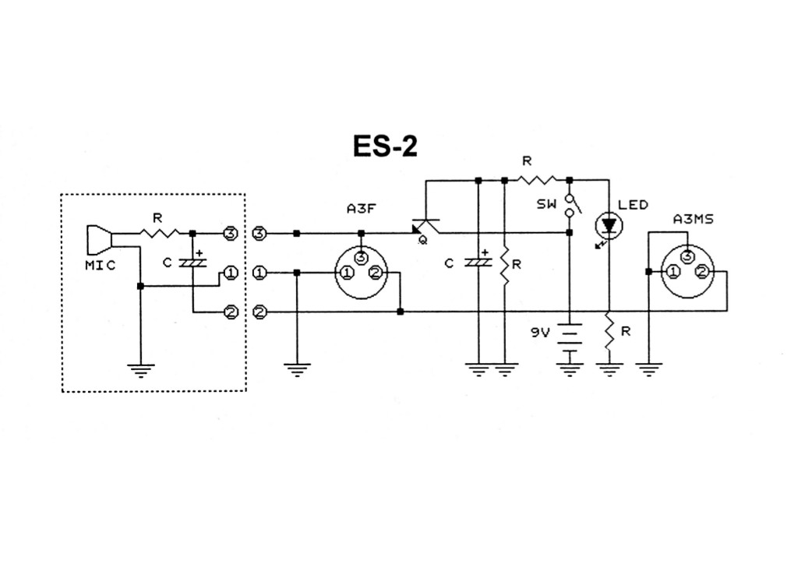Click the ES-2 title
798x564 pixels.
coord(385,146)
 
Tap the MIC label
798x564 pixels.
coord(100,265)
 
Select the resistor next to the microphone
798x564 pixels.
coord(161,232)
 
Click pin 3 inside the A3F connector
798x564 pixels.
coord(359,257)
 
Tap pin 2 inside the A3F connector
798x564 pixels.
coord(375,273)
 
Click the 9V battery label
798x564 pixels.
coord(541,332)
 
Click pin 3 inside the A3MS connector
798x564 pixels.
coord(687,257)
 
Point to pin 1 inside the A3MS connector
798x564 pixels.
coord(671,273)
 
